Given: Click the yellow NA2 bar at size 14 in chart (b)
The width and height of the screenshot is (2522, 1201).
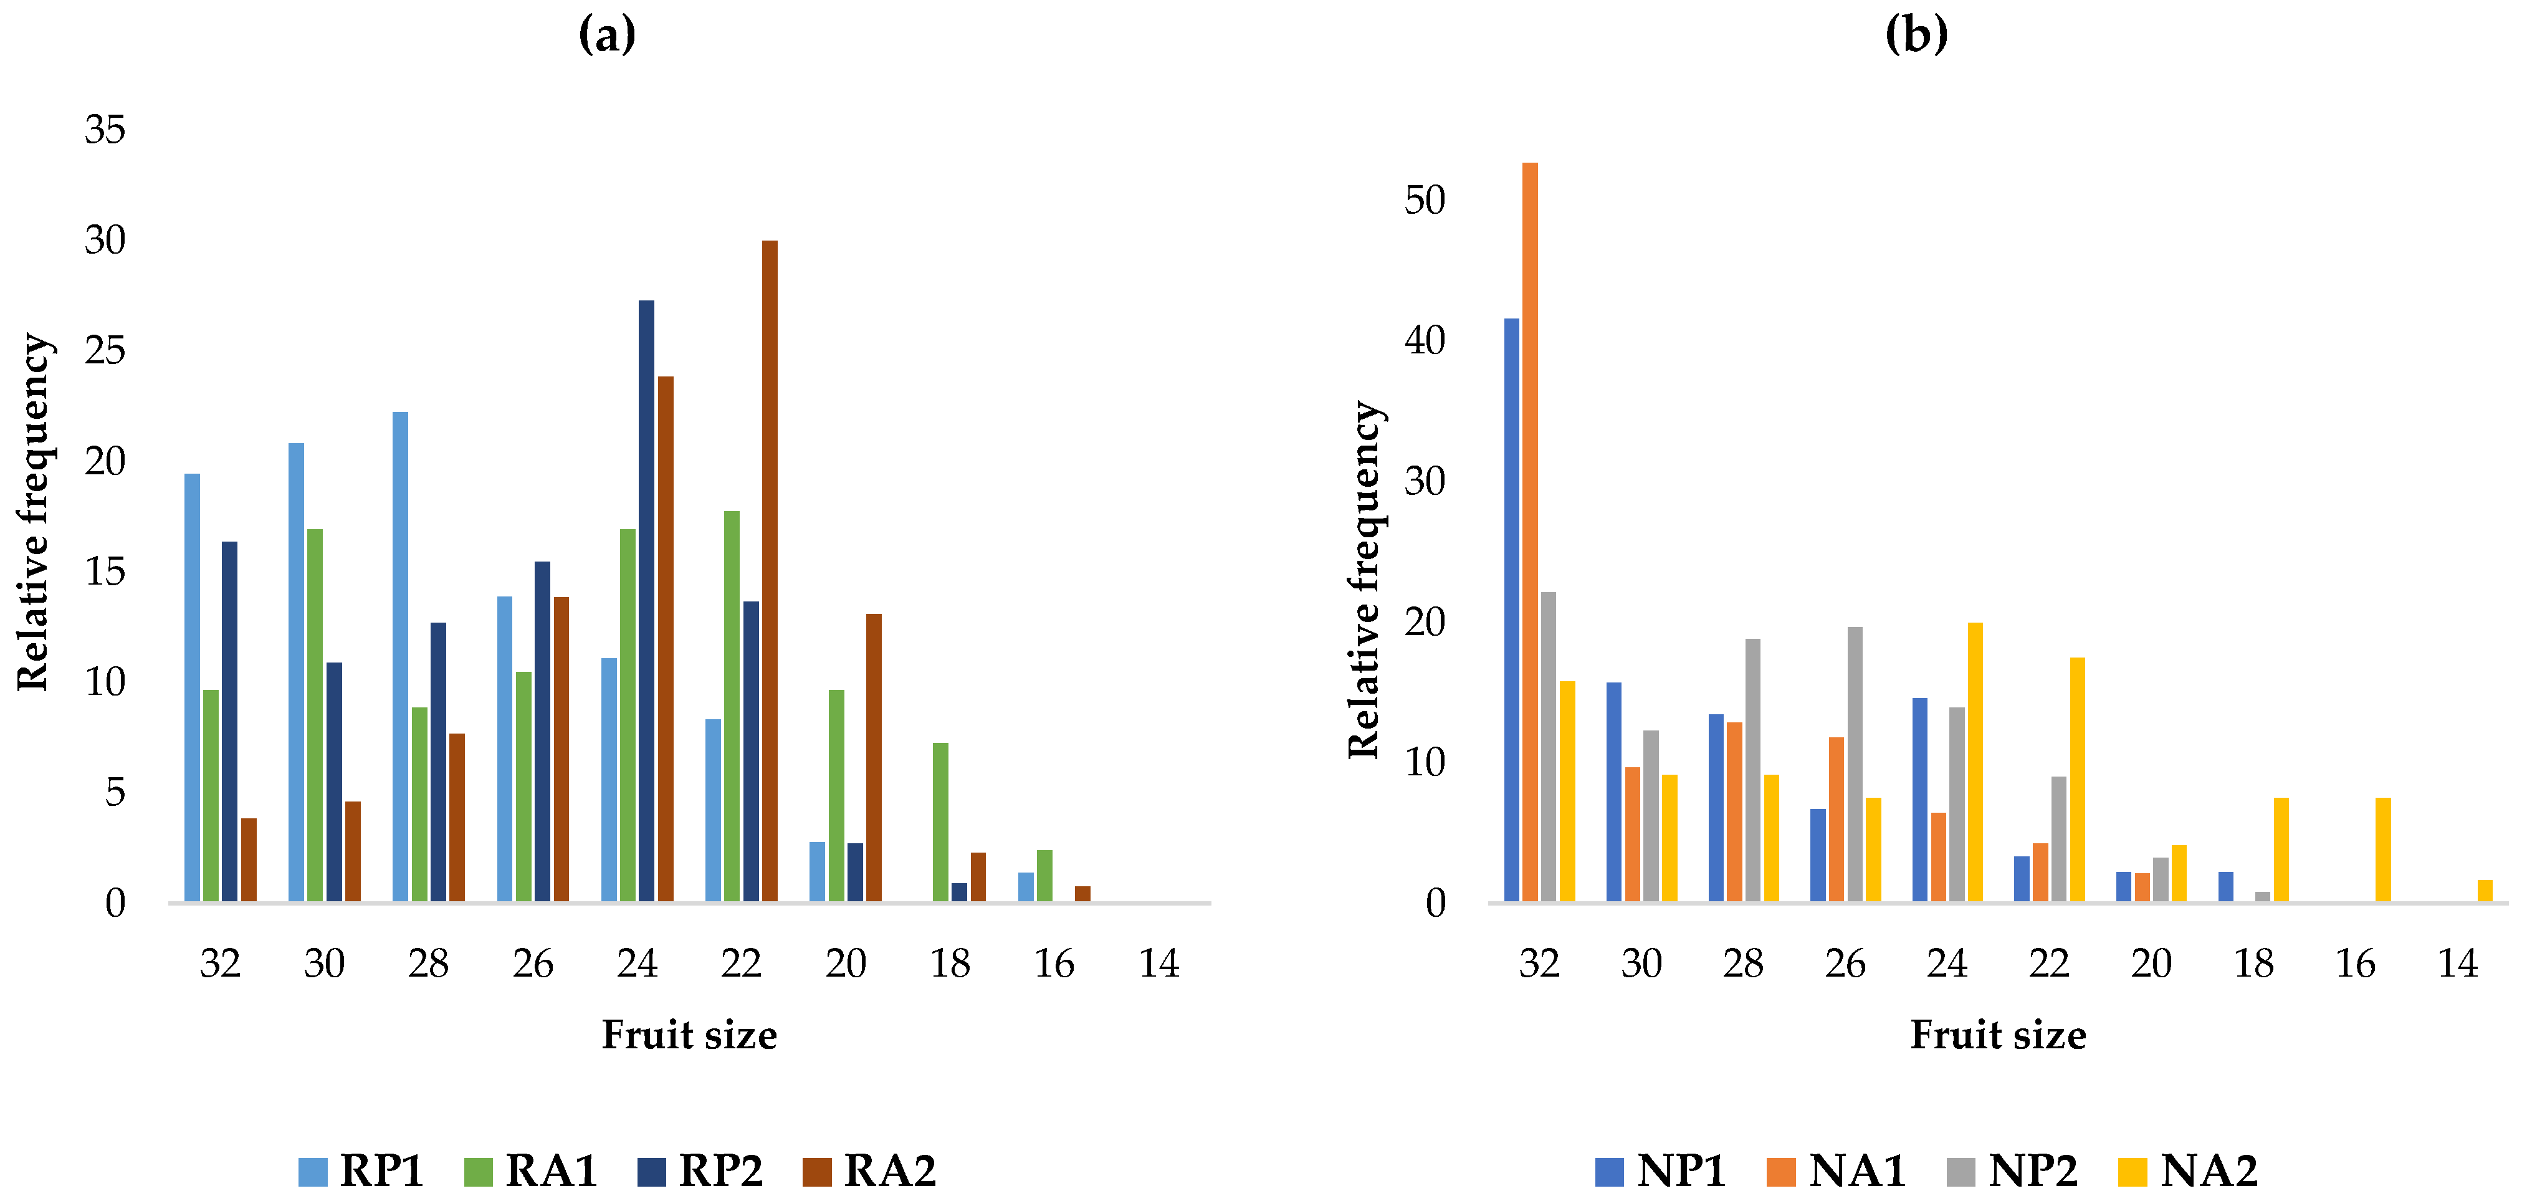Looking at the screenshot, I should point(2485,891).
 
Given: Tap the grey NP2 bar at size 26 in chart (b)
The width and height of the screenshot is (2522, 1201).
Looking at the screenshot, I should point(1855,765).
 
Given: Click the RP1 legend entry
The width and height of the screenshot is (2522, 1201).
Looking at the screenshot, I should point(361,1170).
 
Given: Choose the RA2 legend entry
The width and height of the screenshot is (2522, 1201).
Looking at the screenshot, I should point(869,1170).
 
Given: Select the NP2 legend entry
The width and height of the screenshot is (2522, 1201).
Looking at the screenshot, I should point(2013,1170).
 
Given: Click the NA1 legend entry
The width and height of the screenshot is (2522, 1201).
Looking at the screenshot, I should point(1837,1170).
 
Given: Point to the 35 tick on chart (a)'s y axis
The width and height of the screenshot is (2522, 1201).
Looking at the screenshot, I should point(105,130).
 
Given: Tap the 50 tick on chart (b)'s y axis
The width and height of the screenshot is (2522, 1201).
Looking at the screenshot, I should point(1425,201).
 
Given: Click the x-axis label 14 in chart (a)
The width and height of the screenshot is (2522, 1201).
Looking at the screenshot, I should point(1158,964).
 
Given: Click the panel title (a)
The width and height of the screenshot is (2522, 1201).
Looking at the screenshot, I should point(607,36).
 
